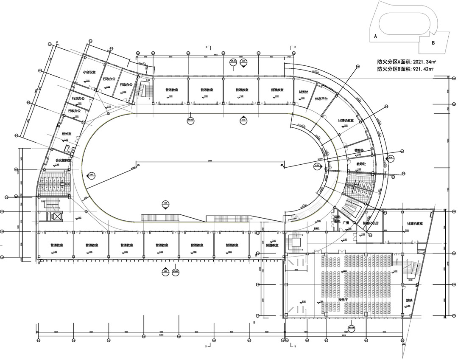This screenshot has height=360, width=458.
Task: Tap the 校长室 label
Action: (67, 134)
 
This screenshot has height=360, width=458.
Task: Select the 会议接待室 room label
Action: (63, 160)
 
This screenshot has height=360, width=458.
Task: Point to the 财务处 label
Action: (303, 92)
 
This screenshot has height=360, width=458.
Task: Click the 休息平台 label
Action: (322, 99)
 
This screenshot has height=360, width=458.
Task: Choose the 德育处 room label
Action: (360, 150)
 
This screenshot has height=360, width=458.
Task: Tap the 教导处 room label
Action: (361, 163)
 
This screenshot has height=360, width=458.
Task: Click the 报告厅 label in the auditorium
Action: (343, 299)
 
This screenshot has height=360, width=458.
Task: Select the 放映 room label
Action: (409, 301)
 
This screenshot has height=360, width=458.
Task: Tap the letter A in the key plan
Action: (375, 37)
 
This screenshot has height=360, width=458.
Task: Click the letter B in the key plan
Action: (433, 42)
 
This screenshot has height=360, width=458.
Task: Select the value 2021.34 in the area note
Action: (421, 61)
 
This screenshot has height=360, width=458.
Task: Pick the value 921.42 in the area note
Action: (420, 69)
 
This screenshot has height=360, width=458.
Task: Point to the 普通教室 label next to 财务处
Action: (277, 90)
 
